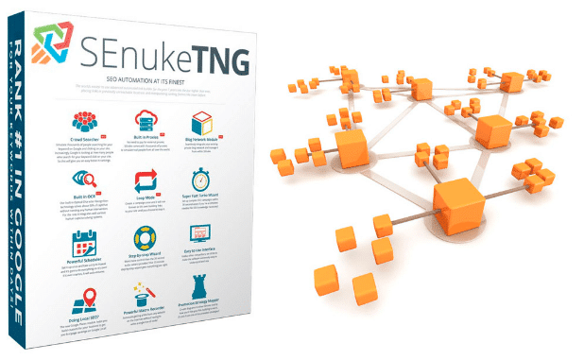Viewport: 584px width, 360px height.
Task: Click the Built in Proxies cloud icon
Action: point(146,121)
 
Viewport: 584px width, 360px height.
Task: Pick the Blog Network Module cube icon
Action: point(204,123)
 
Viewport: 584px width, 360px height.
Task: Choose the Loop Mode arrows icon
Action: point(146,180)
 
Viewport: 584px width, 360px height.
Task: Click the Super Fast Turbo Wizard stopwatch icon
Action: point(201,180)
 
